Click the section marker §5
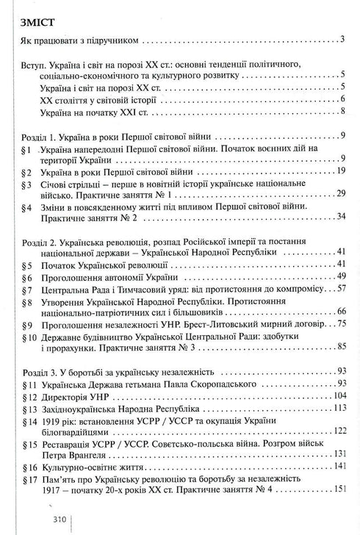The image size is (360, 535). point(25,263)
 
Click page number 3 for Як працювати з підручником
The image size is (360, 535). point(343,38)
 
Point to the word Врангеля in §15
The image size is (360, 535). point(95,450)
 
